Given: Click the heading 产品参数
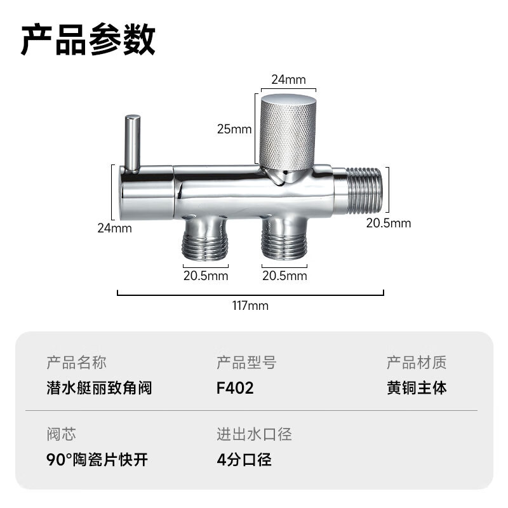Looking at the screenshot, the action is (88, 39).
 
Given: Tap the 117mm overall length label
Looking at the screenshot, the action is (250, 306).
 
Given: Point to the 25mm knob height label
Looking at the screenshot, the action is (234, 130).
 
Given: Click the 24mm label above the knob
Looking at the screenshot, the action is (288, 80).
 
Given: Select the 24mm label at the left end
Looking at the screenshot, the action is (115, 229).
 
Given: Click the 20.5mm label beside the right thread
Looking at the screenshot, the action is (389, 224).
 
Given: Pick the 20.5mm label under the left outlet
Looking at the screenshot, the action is (206, 276).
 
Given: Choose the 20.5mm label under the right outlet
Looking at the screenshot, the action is (284, 276).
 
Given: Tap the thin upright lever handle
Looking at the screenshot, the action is (133, 142).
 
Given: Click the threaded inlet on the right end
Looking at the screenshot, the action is (364, 190).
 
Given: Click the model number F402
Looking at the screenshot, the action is (235, 388).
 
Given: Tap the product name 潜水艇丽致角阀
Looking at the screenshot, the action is (99, 388).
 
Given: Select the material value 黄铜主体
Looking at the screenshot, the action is (417, 388).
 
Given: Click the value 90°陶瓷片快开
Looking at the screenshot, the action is (97, 460).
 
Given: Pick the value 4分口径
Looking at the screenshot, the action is (244, 460).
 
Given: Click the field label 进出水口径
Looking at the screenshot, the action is (255, 434).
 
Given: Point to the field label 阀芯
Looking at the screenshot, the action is (61, 434).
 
